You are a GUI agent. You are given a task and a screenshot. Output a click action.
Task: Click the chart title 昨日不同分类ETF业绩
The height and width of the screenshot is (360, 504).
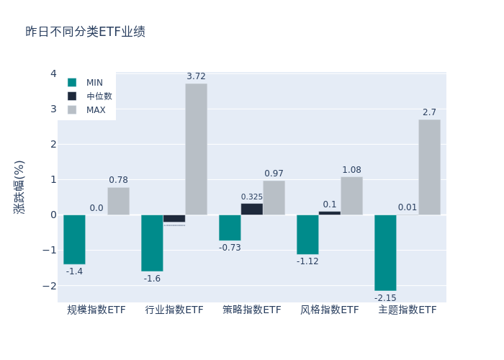[85, 32]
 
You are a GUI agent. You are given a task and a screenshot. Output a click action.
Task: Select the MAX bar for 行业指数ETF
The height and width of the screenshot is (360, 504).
[196, 149]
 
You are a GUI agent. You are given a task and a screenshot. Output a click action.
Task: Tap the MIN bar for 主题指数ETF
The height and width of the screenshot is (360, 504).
[385, 253]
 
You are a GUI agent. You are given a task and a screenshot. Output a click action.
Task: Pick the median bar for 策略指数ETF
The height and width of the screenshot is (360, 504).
[251, 209]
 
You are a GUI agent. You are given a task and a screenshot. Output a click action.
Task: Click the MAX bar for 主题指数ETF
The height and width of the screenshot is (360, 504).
[429, 167]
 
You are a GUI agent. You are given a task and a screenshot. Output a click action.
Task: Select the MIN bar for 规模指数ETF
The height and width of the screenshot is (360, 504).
[74, 239]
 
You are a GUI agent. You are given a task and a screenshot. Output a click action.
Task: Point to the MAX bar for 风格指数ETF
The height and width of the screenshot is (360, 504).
[351, 196]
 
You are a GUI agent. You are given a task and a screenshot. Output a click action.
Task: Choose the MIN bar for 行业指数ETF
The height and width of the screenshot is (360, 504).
[152, 243]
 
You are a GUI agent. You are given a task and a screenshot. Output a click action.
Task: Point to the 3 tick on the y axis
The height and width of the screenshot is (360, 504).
[53, 109]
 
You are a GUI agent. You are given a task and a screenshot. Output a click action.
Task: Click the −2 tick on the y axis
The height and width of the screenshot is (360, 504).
[51, 285]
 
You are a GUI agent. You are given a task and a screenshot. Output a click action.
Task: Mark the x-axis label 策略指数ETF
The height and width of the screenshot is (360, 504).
[252, 310]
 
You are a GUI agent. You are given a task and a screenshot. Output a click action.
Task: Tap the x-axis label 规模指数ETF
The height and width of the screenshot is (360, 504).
[96, 310]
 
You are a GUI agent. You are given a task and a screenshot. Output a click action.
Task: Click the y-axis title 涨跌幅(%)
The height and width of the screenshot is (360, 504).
[19, 186]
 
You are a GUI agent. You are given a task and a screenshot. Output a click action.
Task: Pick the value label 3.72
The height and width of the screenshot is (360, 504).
[196, 76]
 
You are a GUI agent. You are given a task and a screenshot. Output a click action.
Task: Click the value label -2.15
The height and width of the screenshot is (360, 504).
[385, 298]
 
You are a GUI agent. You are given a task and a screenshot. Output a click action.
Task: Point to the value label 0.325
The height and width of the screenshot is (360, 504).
[251, 197]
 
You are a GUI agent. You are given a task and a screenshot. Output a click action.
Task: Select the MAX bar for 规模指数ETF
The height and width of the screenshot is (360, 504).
[118, 201]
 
